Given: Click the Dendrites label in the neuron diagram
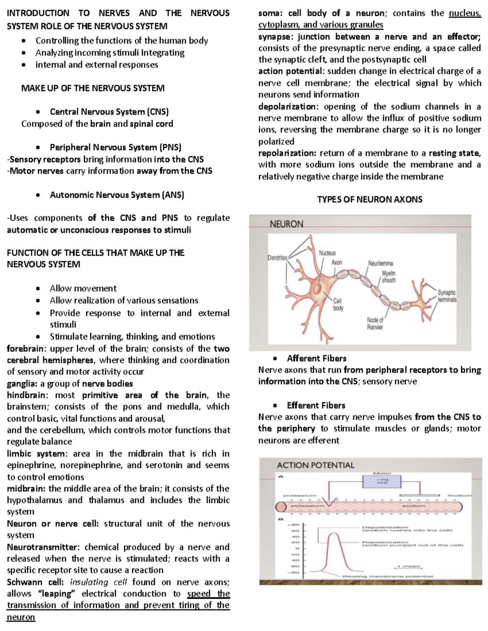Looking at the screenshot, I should [277, 258].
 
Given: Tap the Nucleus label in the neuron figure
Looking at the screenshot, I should [327, 253].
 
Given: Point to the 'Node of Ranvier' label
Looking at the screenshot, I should [375, 323].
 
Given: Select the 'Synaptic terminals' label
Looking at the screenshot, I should [447, 296].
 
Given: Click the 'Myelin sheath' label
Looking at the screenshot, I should [388, 277].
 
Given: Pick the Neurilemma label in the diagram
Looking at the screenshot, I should [380, 263].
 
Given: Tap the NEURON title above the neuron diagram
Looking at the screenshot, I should [287, 224].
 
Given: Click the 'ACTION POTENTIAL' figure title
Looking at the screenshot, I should [316, 465].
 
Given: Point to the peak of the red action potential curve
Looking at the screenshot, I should [334, 533].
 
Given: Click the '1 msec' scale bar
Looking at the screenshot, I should [407, 566].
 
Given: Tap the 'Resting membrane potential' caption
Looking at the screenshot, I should [388, 576].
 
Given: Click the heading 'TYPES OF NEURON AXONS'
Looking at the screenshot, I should [370, 199].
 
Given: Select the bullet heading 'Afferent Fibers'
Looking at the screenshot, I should [316, 358].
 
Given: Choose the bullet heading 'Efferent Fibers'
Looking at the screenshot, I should [316, 405].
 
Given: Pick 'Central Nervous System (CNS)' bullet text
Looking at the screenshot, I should [109, 112].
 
